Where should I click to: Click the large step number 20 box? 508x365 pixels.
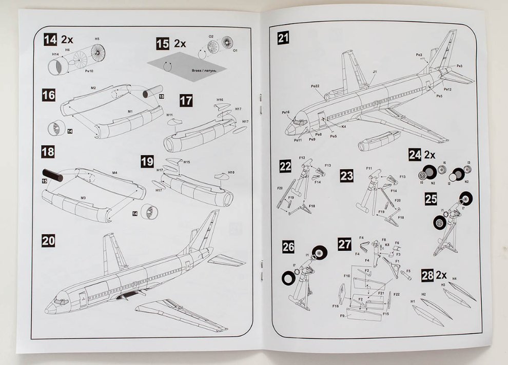(48, 240)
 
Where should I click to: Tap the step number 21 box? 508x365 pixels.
(284, 37)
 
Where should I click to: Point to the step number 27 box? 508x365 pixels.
(345, 244)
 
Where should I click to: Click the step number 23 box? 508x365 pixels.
(347, 176)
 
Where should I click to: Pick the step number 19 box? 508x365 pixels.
(147, 162)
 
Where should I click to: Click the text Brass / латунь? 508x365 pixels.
(201, 69)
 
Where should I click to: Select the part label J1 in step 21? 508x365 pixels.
(375, 72)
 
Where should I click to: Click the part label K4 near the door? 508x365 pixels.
(343, 126)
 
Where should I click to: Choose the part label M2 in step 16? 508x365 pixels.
(93, 89)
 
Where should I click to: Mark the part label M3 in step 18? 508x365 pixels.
(82, 196)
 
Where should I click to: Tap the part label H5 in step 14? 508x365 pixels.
(97, 39)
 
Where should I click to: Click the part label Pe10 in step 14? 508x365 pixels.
(89, 71)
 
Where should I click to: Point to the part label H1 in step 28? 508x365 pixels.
(413, 301)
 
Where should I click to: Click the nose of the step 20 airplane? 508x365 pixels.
(48, 310)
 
